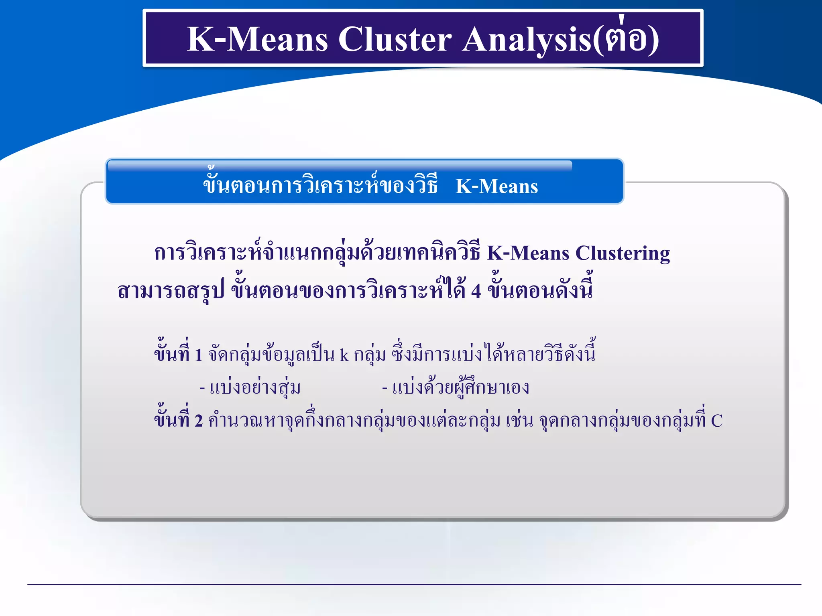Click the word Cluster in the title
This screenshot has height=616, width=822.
click(395, 39)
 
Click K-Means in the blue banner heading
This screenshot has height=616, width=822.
click(497, 186)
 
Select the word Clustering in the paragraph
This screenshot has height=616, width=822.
click(623, 253)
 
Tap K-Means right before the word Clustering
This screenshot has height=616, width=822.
click(528, 253)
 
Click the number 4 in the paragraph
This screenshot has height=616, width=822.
click(476, 291)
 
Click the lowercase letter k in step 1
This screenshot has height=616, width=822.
click(344, 355)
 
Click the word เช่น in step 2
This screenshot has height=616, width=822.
click(519, 421)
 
